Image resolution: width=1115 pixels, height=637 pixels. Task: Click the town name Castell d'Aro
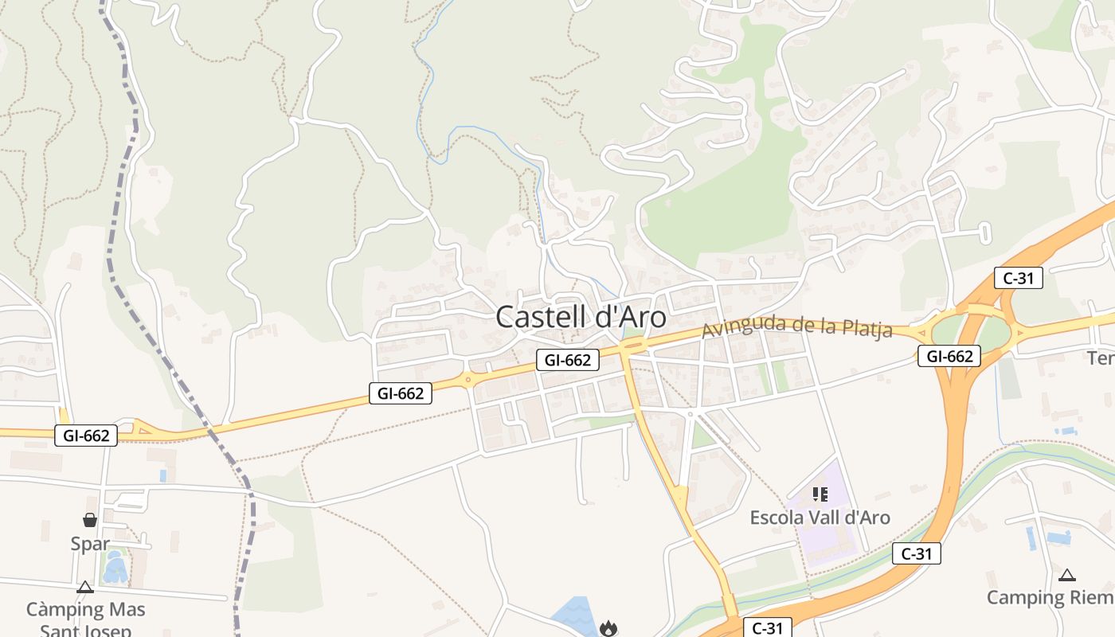tap(581, 317)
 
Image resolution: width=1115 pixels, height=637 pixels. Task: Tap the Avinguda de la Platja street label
tap(796, 327)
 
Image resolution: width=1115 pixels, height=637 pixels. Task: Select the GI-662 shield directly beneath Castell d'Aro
tap(568, 360)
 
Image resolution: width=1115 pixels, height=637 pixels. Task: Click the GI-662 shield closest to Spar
tap(86, 436)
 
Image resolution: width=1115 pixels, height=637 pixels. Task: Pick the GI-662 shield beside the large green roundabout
tap(949, 356)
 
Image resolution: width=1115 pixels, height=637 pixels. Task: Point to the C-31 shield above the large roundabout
tap(1019, 278)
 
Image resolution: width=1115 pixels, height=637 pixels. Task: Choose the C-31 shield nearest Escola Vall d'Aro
tap(917, 553)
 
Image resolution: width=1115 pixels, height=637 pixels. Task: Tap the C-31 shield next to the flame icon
tap(767, 628)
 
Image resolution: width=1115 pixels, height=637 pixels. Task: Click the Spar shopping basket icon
tap(90, 520)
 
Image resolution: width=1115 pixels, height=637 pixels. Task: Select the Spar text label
tap(90, 545)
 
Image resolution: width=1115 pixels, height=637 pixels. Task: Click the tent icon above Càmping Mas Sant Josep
tap(85, 588)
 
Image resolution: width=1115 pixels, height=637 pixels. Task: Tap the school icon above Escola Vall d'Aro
tap(820, 494)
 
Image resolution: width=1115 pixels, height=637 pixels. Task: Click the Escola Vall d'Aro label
tap(820, 518)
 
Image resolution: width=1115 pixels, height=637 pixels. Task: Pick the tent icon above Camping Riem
tap(1066, 575)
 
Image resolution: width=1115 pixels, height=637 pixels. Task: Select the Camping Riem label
tap(1050, 597)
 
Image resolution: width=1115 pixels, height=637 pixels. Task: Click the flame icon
tap(609, 629)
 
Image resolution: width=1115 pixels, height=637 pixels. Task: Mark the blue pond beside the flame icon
tap(575, 616)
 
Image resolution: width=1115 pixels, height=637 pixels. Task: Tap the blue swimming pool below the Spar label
tap(116, 568)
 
